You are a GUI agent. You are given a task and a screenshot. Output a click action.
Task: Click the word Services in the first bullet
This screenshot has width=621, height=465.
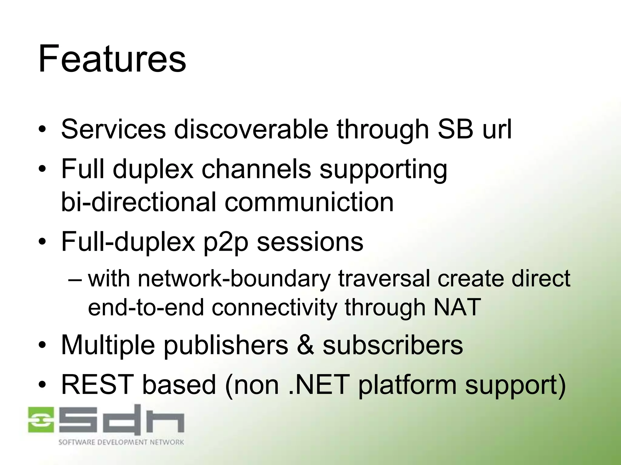click(113, 129)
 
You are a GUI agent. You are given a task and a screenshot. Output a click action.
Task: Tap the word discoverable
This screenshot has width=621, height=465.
click(251, 129)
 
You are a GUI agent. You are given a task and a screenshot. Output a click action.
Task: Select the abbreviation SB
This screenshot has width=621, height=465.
click(455, 129)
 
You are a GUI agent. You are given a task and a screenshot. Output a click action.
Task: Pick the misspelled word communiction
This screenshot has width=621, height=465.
click(309, 202)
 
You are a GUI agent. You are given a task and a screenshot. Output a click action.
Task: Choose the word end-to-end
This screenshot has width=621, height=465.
click(146, 307)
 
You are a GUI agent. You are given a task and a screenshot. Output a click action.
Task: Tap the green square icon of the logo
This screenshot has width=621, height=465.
click(41, 419)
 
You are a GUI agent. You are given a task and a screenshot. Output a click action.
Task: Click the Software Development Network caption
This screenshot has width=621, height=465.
click(121, 442)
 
